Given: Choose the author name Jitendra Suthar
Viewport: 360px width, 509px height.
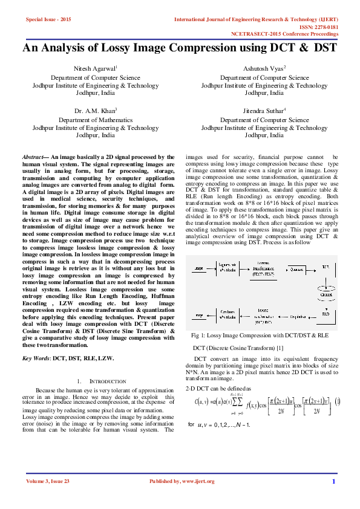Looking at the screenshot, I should point(263,111).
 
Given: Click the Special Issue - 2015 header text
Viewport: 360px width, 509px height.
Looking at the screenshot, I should point(48,20).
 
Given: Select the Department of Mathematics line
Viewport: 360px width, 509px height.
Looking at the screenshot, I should point(96,120).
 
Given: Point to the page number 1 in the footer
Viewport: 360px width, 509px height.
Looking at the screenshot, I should point(333,481).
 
